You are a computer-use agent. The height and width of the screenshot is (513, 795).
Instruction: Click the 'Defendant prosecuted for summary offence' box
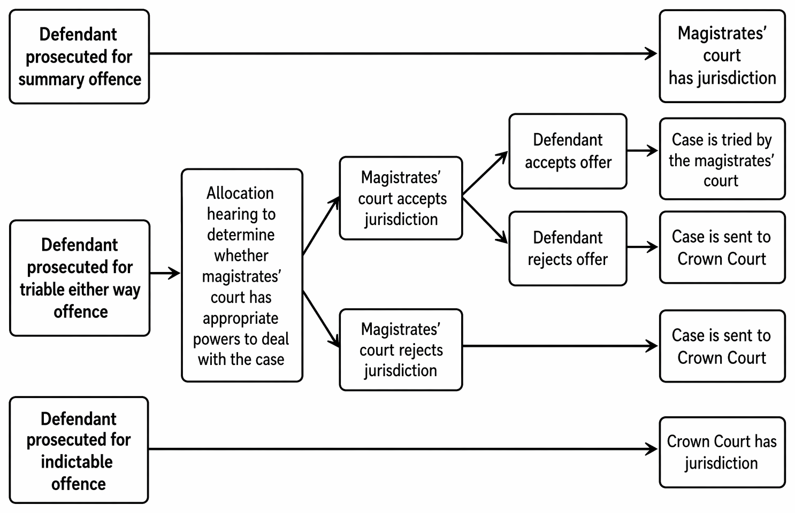pos(79,57)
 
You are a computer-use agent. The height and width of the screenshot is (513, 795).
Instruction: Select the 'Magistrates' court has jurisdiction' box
pos(722,56)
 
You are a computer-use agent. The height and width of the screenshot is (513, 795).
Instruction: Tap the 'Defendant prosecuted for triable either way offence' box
pos(80,278)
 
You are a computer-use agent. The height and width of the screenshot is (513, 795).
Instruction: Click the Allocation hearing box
pos(242,275)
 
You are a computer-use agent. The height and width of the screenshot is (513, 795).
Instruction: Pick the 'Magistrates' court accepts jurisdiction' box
pos(401,198)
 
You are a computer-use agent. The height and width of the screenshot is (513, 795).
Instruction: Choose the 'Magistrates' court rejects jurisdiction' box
pos(401,349)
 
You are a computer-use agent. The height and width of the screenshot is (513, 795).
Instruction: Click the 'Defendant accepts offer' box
pos(568,151)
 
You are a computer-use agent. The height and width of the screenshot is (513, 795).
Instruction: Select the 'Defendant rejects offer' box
pos(568,248)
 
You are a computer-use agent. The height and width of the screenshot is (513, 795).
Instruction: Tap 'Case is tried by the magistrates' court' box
pos(722,159)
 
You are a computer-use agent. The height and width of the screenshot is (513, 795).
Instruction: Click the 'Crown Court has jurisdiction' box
pos(722,452)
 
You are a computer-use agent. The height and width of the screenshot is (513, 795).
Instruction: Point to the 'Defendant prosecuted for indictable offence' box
pos(79,450)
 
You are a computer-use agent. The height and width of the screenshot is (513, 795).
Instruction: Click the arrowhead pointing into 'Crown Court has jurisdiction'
pos(651,449)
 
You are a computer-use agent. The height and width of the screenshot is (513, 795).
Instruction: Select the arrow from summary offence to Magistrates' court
pos(403,54)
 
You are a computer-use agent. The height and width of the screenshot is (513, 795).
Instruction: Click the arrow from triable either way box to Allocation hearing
pos(165,273)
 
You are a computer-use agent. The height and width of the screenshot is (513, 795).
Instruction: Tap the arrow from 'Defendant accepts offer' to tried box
pos(643,150)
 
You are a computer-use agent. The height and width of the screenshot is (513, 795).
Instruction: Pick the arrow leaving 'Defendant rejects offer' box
pos(643,247)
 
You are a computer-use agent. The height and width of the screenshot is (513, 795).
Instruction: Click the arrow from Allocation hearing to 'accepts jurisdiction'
pos(321,226)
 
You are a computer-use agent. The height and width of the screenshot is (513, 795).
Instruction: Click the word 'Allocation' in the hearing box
pos(240,193)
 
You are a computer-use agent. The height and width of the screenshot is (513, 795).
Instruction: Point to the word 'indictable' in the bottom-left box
pos(77,462)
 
